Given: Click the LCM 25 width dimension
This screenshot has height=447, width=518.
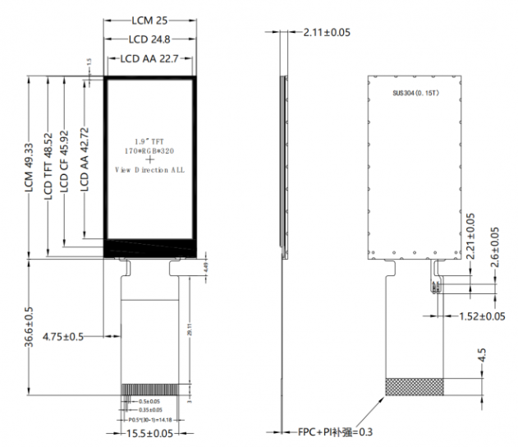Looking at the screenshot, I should click(x=152, y=18).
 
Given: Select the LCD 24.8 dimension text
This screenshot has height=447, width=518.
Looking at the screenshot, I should click(x=151, y=39).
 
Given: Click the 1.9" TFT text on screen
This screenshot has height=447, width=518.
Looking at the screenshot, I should click(x=149, y=142).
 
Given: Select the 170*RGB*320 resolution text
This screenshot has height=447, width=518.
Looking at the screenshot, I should click(x=150, y=151).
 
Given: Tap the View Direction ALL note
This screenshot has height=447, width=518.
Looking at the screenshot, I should click(x=149, y=169).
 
